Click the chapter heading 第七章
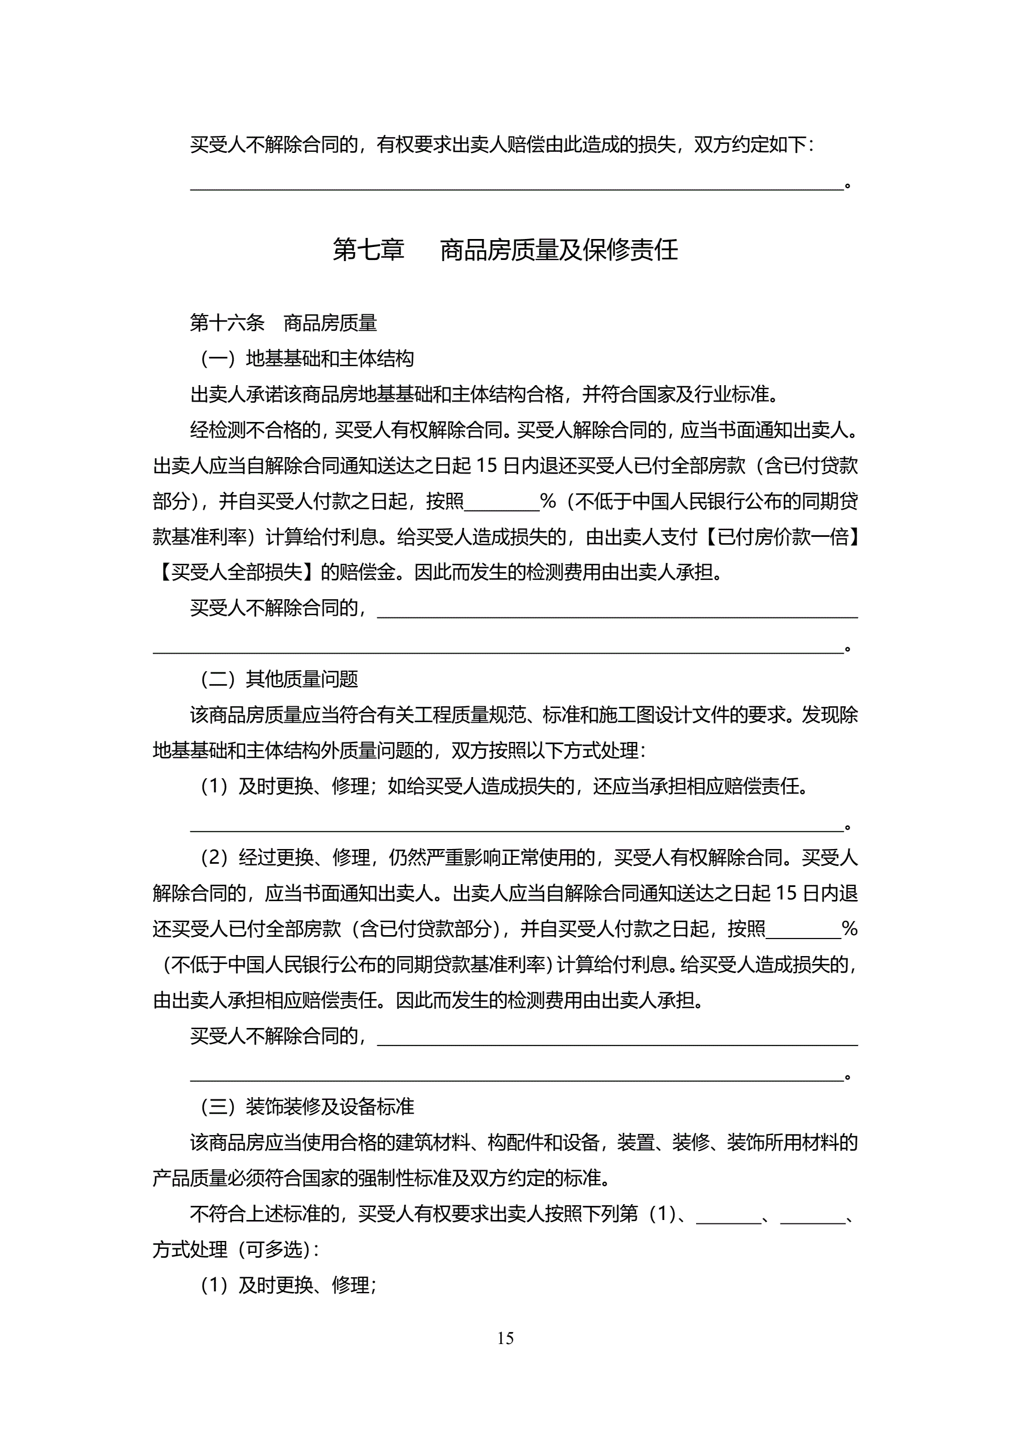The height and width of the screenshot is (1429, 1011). (x=368, y=250)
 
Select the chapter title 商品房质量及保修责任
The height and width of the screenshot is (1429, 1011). (x=559, y=250)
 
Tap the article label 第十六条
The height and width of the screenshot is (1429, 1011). (x=227, y=322)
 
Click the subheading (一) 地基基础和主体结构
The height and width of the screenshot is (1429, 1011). (x=307, y=359)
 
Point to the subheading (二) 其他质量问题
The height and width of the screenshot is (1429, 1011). (x=279, y=679)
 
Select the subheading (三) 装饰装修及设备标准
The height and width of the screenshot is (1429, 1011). (x=307, y=1106)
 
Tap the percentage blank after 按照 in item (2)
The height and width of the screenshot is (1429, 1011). (x=803, y=930)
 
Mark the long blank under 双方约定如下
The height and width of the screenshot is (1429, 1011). (x=517, y=185)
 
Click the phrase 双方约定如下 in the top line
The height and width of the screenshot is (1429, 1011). (x=749, y=145)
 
